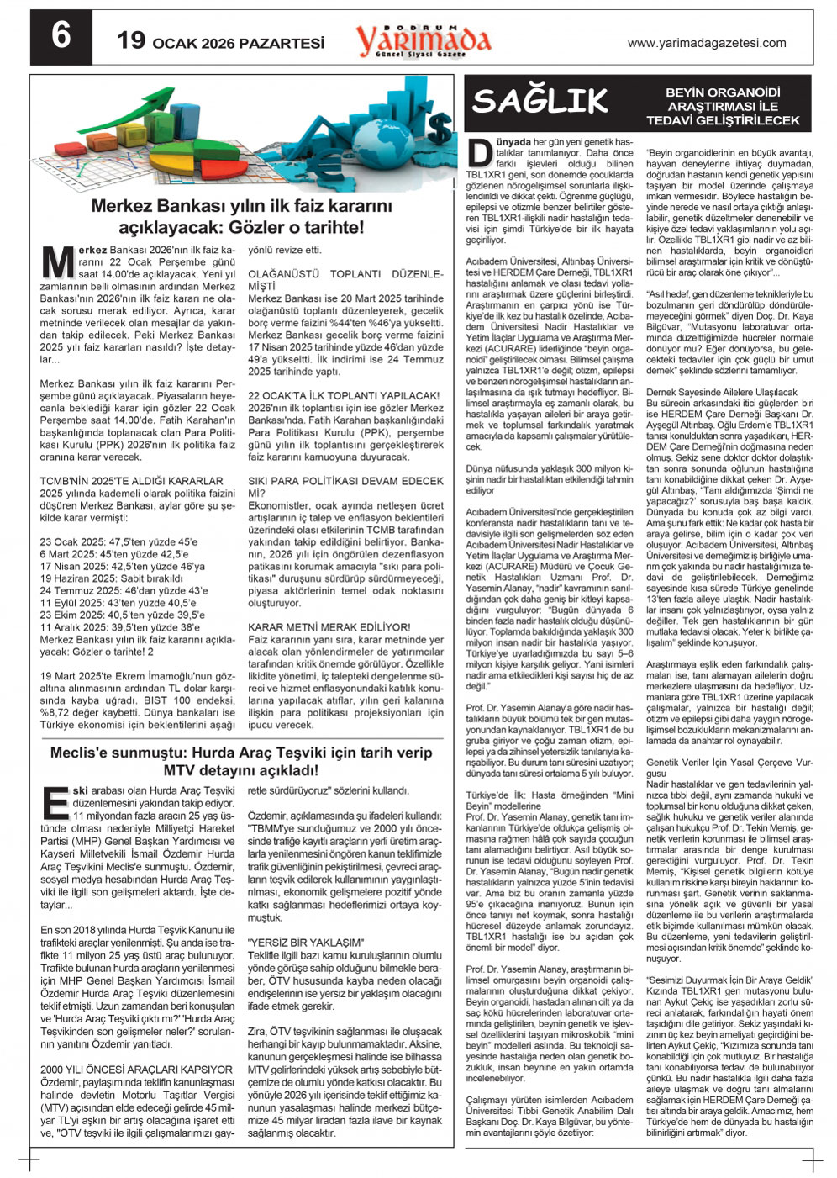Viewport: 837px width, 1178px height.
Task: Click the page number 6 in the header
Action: pyautogui.click(x=60, y=38)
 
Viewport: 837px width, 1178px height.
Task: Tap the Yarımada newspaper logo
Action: pyautogui.click(x=423, y=40)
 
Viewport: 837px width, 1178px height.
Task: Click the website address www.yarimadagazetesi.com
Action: pyautogui.click(x=707, y=43)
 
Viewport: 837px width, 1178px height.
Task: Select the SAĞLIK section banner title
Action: pyautogui.click(x=540, y=102)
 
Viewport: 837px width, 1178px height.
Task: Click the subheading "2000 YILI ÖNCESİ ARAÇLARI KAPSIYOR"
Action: pyautogui.click(x=136, y=1070)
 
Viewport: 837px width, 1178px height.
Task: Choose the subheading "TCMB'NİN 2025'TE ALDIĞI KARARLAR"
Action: pyautogui.click(x=132, y=482)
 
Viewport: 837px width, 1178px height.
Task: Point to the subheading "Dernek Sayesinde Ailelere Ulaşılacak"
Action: pyautogui.click(x=722, y=392)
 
